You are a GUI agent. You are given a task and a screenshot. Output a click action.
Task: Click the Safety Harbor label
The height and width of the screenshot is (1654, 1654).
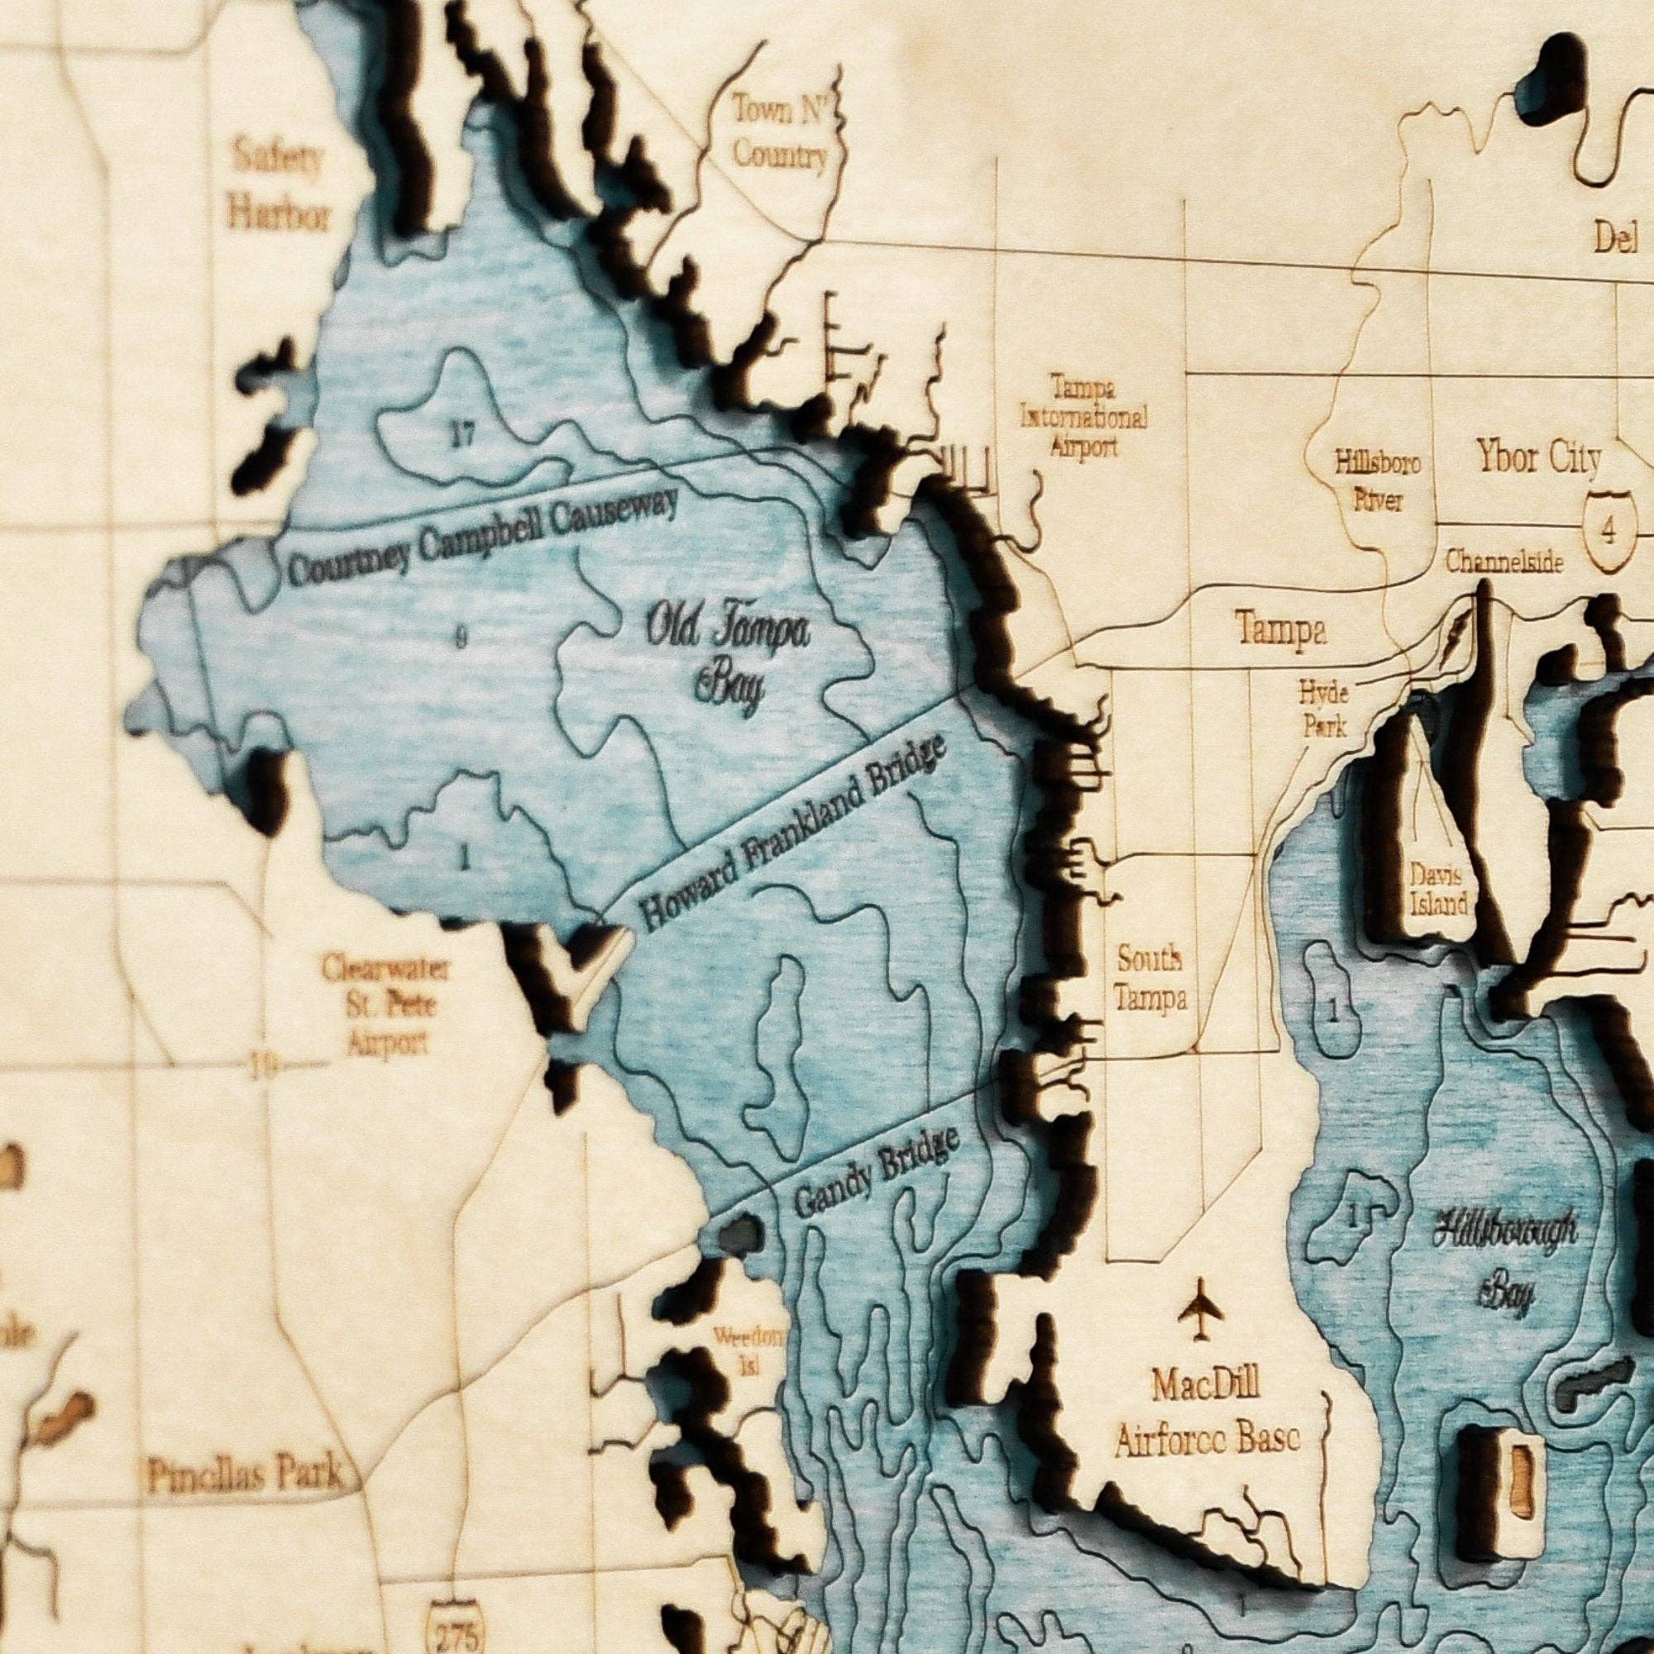click(277, 186)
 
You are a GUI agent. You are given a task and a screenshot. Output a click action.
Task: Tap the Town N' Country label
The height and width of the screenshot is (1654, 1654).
click(780, 131)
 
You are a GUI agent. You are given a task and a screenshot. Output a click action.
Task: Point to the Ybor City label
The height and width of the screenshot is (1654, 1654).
click(1538, 459)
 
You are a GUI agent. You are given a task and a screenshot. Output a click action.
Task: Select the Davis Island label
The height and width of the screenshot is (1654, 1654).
click(1439, 887)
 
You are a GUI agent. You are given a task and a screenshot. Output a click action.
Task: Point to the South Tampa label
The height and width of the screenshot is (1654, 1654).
click(1150, 978)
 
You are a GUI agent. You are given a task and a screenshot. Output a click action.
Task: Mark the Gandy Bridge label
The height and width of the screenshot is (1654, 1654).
click(875, 1172)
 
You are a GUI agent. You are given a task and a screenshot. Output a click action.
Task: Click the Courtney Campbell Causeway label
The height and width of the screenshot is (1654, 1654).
click(484, 537)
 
